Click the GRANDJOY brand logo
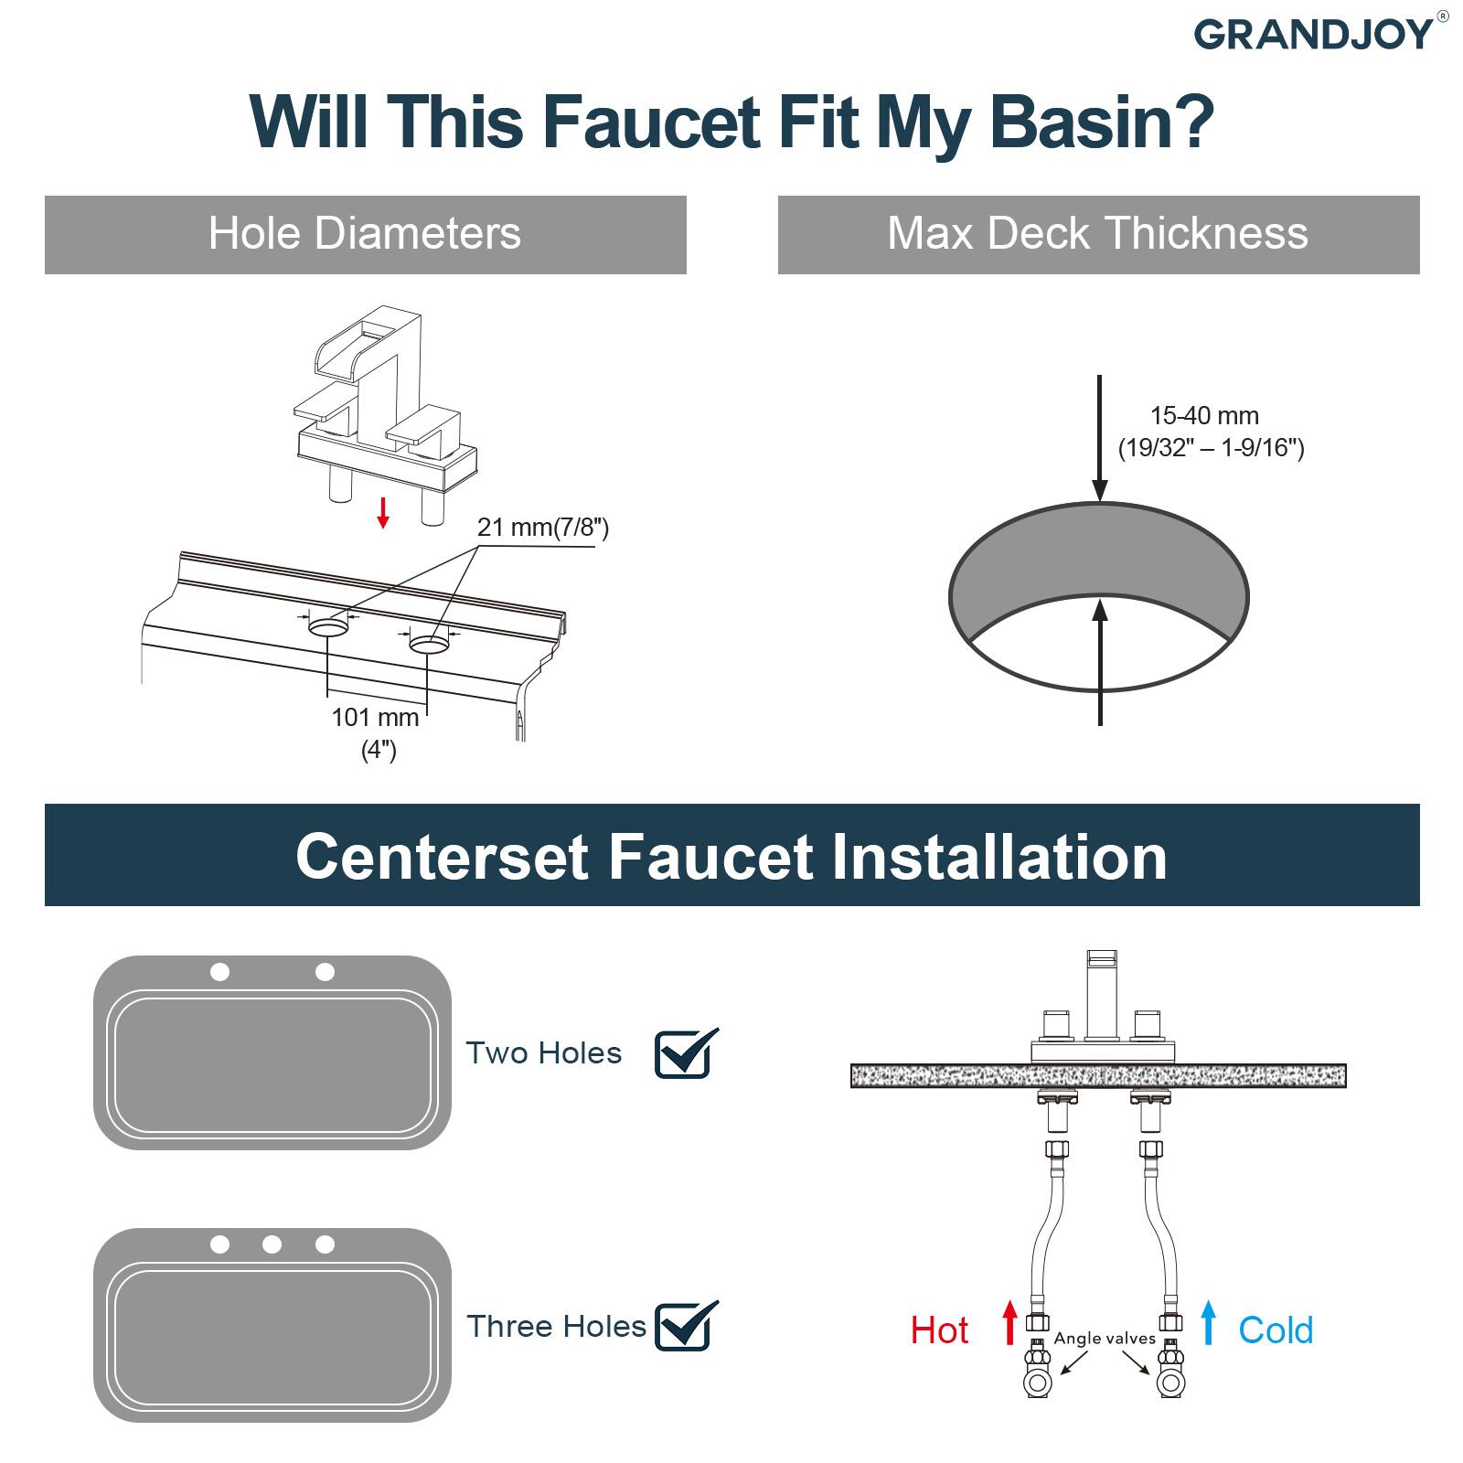click(1314, 34)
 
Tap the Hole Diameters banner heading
click(364, 233)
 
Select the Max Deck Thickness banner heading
click(1097, 233)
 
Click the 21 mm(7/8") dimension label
click(542, 528)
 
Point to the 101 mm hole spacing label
click(375, 717)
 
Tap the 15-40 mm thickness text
click(1203, 416)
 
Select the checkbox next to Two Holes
click(685, 1053)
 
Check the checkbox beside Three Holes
click(685, 1326)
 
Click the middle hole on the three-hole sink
click(272, 1244)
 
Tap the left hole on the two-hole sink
click(219, 972)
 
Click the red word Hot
click(939, 1330)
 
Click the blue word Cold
click(1276, 1330)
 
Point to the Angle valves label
click(1105, 1339)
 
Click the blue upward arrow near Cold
click(1209, 1323)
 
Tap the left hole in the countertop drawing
click(328, 628)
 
